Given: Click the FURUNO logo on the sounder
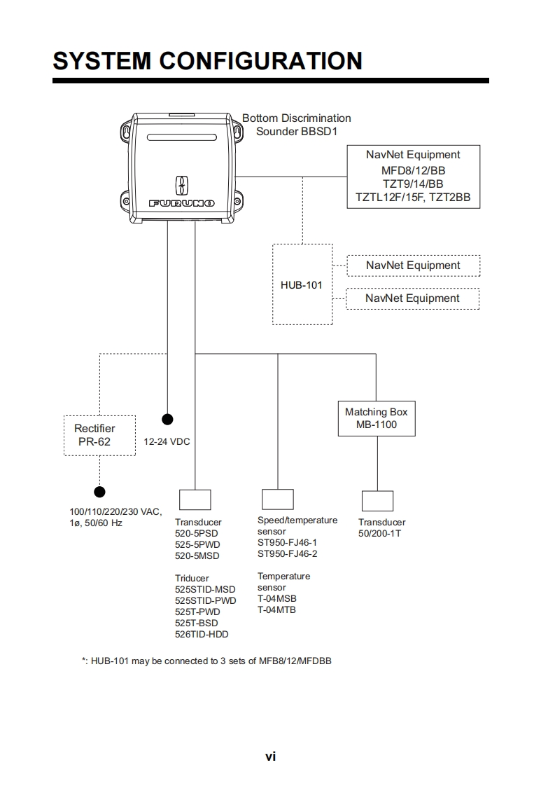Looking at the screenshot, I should pyautogui.click(x=181, y=203).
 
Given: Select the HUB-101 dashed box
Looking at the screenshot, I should pyautogui.click(x=302, y=284).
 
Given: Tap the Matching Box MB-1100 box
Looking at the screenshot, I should pyautogui.click(x=376, y=418).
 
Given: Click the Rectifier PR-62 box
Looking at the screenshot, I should pyautogui.click(x=99, y=435).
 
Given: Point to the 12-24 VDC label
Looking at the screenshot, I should pyautogui.click(x=167, y=442).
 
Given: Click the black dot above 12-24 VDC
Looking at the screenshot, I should pyautogui.click(x=167, y=420).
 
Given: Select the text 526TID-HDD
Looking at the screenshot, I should pyautogui.click(x=202, y=634).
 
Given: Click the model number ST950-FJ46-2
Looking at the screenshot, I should pyautogui.click(x=287, y=553).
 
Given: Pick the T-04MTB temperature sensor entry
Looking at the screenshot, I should pyautogui.click(x=276, y=609).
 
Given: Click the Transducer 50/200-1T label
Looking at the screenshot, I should pyautogui.click(x=381, y=528).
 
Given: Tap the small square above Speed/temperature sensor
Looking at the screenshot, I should pyautogui.click(x=277, y=499).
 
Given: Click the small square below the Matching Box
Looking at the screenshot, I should pyautogui.click(x=377, y=500).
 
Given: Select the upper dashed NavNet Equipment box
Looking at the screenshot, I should pyautogui.click(x=413, y=266).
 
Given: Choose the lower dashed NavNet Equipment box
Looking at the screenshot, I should pyautogui.click(x=413, y=298).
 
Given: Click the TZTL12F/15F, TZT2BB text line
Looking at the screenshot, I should pyautogui.click(x=413, y=198).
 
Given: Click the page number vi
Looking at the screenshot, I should pyautogui.click(x=270, y=756).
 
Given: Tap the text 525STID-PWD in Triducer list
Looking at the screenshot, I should pyautogui.click(x=205, y=600).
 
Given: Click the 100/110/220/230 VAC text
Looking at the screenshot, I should pyautogui.click(x=115, y=511).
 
